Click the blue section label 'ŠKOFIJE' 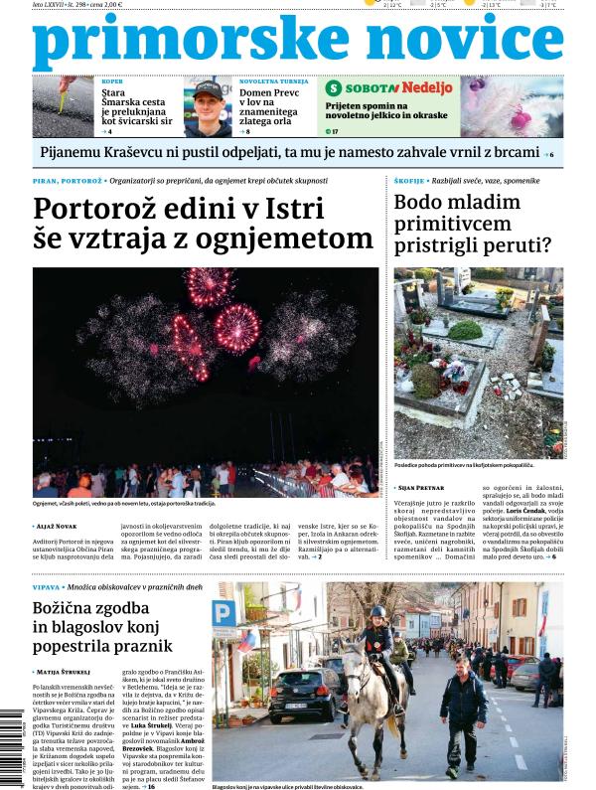coord(410,181)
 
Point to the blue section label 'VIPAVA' coord(49,588)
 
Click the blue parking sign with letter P coord(225,612)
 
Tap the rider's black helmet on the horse coord(377,612)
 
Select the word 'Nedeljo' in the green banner coord(427,87)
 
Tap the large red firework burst coord(236,328)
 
